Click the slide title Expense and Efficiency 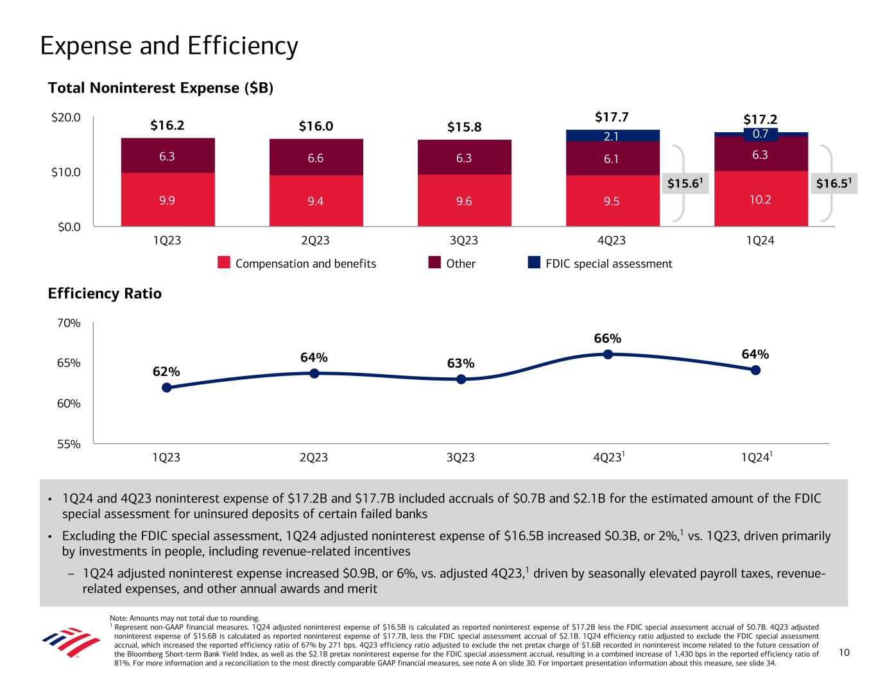coord(169,46)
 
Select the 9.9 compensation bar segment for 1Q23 coord(167,200)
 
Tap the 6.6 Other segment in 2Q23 coord(316,157)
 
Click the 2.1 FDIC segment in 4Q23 coord(612,135)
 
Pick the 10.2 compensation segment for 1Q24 coord(760,199)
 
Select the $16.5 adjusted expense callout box coord(834,184)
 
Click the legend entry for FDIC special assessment coord(600,263)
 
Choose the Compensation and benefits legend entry coord(296,263)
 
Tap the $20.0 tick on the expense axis coord(67,117)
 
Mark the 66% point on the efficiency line coord(607,354)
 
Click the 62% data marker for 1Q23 coord(167,388)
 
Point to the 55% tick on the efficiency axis coord(69,443)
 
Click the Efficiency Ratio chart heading coord(105,294)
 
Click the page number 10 coord(844,653)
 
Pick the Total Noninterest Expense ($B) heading coord(161,88)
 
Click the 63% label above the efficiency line coord(461,364)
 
